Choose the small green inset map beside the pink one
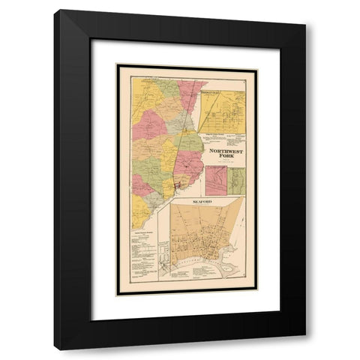[236, 180]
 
